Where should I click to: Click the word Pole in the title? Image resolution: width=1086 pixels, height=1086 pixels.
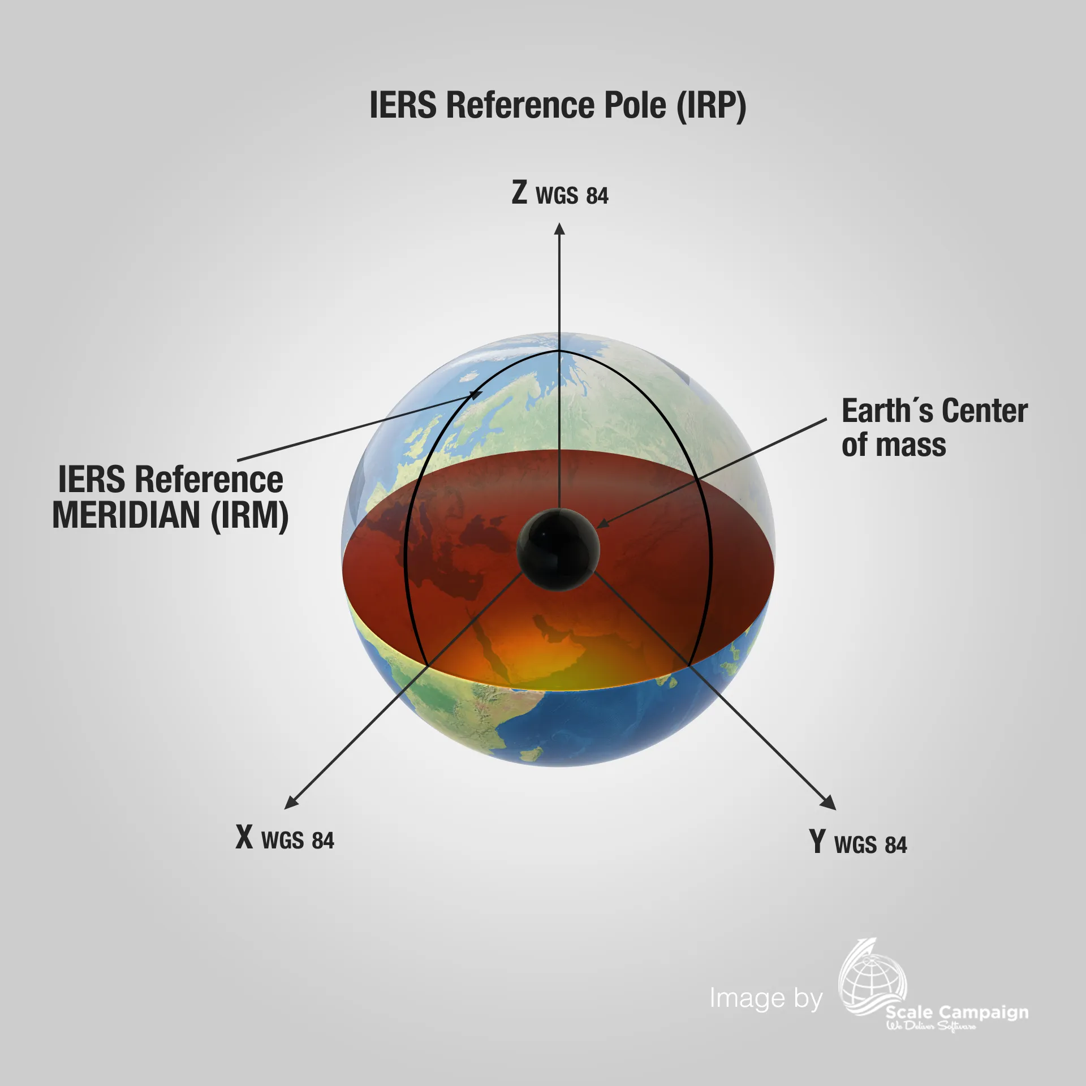(x=635, y=105)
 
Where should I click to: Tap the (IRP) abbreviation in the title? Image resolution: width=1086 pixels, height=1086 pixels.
(x=712, y=105)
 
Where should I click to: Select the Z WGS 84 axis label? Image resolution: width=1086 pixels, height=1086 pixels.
(x=560, y=193)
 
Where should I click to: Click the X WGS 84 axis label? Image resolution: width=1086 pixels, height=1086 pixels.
(x=285, y=838)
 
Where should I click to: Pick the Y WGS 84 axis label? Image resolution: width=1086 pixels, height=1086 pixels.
(x=857, y=843)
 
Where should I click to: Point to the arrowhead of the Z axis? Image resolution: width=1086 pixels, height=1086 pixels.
(x=559, y=229)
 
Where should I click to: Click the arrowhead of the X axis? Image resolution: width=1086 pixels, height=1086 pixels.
(x=291, y=802)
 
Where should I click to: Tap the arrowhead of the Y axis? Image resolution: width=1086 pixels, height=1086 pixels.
(x=829, y=803)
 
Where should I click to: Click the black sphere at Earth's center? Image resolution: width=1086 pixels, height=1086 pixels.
(x=558, y=549)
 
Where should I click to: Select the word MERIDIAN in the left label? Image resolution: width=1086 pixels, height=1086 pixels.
(x=126, y=515)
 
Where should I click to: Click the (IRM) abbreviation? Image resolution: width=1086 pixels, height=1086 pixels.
(x=249, y=515)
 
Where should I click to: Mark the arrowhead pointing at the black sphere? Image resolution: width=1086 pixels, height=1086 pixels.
(x=602, y=524)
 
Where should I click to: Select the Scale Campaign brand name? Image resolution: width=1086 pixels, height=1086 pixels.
(x=957, y=1012)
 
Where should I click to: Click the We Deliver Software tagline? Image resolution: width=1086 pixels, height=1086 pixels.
(x=931, y=1026)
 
